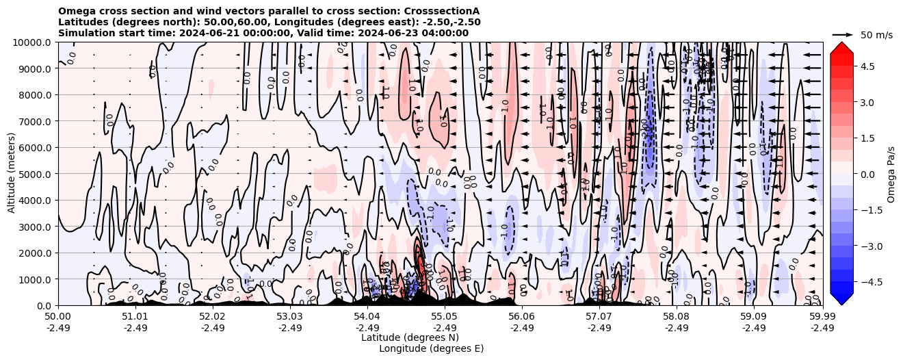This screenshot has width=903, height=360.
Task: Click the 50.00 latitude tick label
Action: pos(58,316)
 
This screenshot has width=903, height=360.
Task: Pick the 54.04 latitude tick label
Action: pos(367,316)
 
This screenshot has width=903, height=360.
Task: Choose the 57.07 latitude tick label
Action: pos(599,316)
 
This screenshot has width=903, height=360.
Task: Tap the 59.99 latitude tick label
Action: pos(822,316)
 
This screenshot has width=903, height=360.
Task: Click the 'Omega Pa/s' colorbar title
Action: pos(891,174)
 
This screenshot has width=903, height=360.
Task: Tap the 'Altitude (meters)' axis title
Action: pos(12,174)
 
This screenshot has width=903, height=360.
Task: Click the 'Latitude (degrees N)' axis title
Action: pos(410,337)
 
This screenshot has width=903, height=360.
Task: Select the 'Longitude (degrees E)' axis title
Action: pos(431,348)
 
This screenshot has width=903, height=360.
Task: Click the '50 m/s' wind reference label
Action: pos(876,35)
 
